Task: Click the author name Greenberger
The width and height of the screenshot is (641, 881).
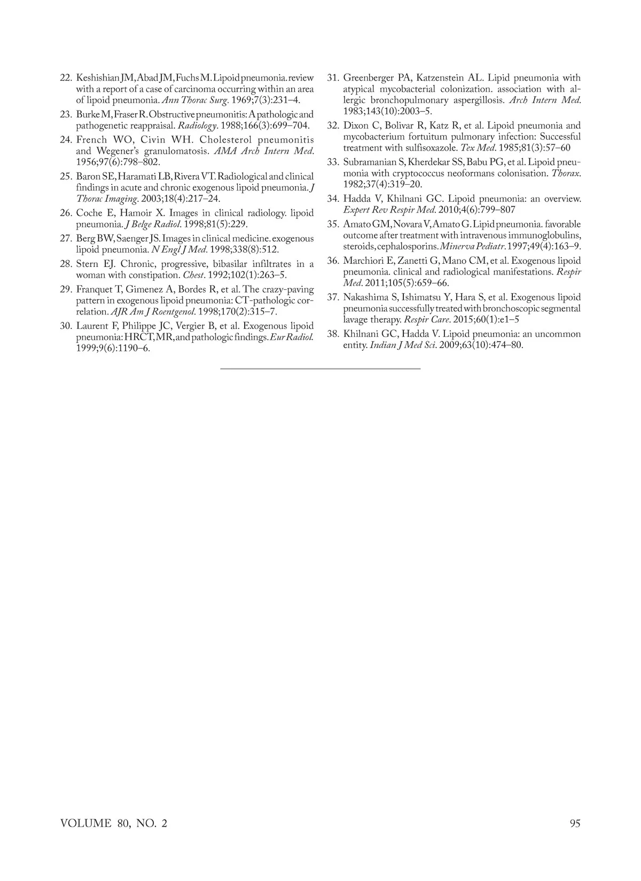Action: coord(367,78)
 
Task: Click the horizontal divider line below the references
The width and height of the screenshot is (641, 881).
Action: coord(320,368)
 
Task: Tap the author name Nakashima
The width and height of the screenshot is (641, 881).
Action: coord(367,297)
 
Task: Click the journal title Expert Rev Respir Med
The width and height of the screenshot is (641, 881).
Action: coord(389,210)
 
